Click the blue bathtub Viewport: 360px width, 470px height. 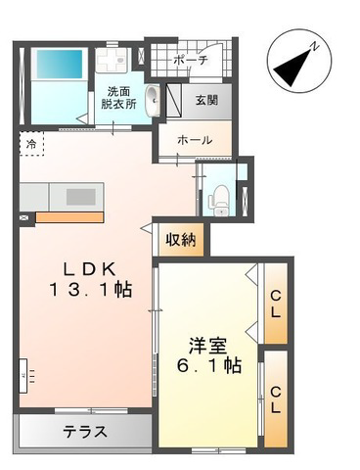[59, 64]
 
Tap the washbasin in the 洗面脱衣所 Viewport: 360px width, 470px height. [153, 101]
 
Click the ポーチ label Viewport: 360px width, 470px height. [191, 61]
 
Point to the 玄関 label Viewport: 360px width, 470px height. [206, 100]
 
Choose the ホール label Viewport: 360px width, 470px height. [195, 140]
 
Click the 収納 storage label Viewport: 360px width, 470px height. [181, 240]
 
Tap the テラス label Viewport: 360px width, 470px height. [85, 432]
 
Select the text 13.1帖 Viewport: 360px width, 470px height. [90, 290]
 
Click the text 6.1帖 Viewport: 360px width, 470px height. [209, 366]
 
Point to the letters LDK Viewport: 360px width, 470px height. [89, 269]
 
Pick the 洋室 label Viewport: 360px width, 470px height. [208, 346]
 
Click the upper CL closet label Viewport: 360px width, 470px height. [276, 305]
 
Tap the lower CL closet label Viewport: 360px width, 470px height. [276, 399]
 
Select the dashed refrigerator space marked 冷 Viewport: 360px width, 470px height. [31, 144]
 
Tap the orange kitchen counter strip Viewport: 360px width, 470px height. [69, 217]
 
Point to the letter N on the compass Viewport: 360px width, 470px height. [315, 46]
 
